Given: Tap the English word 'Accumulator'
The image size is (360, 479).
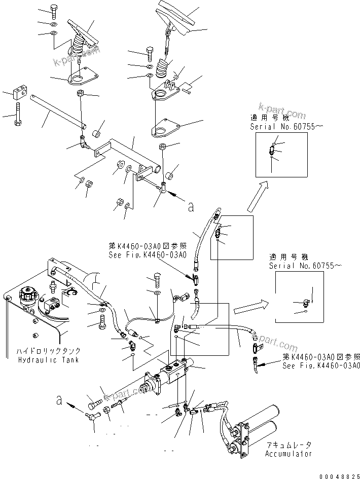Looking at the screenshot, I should pos(289,453).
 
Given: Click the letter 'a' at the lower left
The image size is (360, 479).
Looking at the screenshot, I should pos(60,401).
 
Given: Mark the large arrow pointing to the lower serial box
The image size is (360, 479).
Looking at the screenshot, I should pos(252,308).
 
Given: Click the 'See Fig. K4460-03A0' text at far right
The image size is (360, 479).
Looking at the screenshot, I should pos(321,365).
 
